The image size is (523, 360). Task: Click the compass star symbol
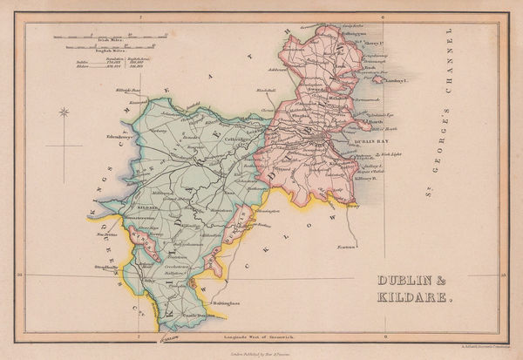(x=64, y=111)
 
